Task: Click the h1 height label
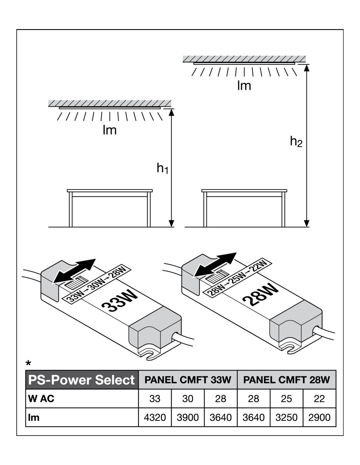pos(162,168)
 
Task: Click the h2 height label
pos(296,142)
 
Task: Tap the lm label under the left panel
pos(110,130)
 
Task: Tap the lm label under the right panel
pos(244,86)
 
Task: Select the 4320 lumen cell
pos(155,417)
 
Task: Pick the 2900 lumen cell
pos(319,417)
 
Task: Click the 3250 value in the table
pos(286,417)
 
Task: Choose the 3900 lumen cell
pos(188,417)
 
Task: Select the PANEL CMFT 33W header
pos(188,380)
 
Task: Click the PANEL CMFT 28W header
pos(286,380)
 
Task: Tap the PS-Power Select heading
pos(82,380)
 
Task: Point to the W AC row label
pos(41,399)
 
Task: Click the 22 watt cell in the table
pos(319,399)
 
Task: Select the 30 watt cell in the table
pos(188,399)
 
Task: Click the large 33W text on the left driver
pos(120,301)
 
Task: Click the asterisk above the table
pos(29,363)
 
